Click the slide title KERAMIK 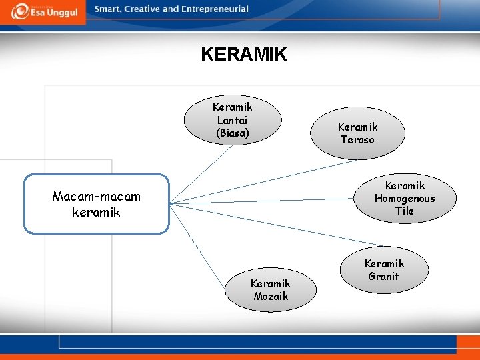pos(243,54)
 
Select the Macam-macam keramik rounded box pos(97,204)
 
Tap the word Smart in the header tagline pos(107,9)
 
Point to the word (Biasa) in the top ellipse pos(232,133)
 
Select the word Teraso pos(357,139)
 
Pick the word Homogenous pos(404,198)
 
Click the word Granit pos(383,277)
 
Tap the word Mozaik pos(271,296)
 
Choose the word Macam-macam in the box pos(97,196)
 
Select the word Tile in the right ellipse pos(404,211)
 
